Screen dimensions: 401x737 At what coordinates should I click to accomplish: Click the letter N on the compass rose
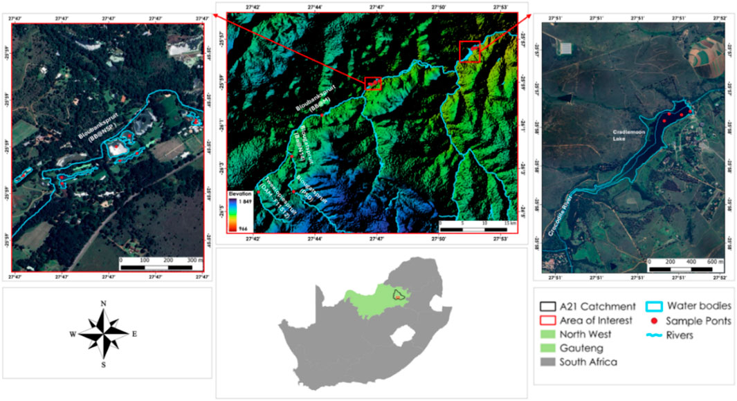coord(103,304)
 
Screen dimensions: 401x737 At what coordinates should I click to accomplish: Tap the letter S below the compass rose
coord(103,364)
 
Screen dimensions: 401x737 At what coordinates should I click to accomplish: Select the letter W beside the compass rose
coord(72,334)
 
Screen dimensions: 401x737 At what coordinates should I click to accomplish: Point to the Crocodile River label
coord(561,221)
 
